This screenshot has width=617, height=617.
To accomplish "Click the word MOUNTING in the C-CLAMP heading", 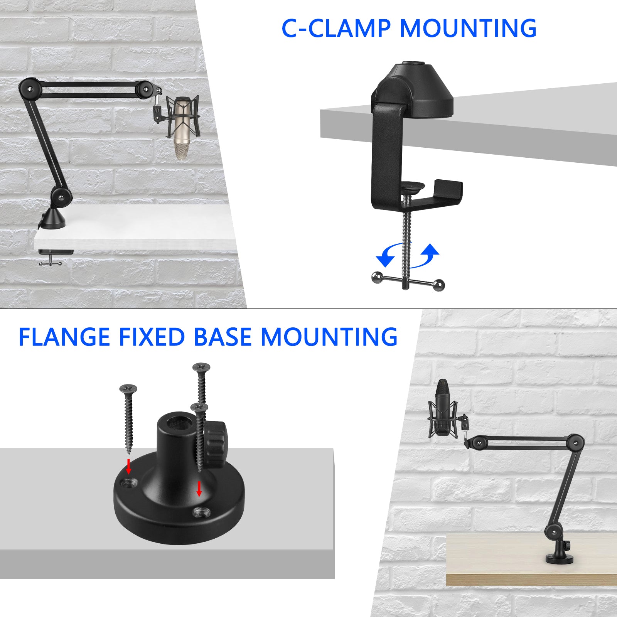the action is [x=468, y=28].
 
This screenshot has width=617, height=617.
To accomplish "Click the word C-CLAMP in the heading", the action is [x=336, y=28].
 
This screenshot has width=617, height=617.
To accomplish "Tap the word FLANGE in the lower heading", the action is [x=64, y=337].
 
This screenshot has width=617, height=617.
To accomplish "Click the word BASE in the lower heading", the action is [x=223, y=337].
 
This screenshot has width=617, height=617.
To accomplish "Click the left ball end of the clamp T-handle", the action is [x=377, y=277].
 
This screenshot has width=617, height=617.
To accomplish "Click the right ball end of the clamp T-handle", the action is [x=438, y=285].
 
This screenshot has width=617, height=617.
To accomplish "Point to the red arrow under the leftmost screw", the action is [x=129, y=466].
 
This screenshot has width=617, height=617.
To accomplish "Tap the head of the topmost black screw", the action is [x=201, y=367].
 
